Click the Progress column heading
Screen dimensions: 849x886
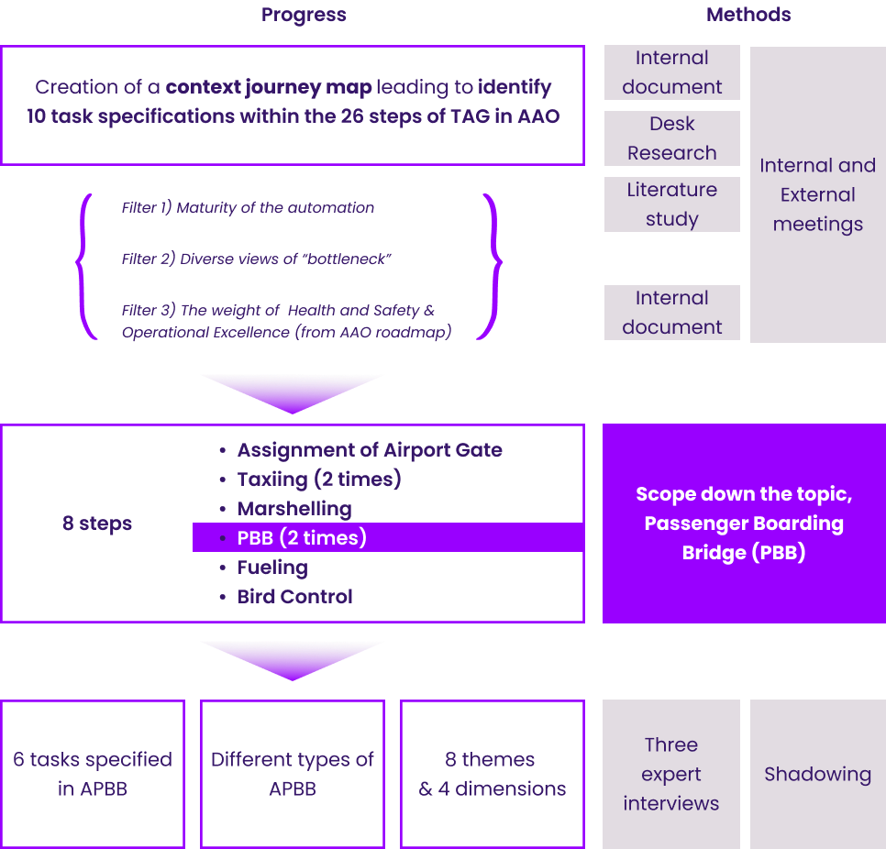[x=304, y=15]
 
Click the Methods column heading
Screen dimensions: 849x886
[x=748, y=15]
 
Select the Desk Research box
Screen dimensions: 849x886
[x=671, y=138]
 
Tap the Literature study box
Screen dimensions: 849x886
[x=671, y=204]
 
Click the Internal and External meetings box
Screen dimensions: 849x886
[x=817, y=194]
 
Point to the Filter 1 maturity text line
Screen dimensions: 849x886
[x=248, y=208]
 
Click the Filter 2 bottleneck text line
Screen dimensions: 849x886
[x=257, y=259]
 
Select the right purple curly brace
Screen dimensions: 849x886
[x=493, y=266]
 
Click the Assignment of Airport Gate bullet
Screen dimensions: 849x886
[x=369, y=450]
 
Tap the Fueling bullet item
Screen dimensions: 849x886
[x=272, y=568]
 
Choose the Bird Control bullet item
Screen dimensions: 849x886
[x=294, y=597]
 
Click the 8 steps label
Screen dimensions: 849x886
[x=97, y=524]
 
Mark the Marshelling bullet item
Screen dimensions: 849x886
[x=293, y=509]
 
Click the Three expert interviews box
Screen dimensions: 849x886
[x=671, y=774]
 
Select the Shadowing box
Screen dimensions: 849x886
[x=817, y=774]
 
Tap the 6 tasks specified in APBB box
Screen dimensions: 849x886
[x=93, y=774]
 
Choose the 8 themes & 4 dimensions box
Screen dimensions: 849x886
[x=493, y=774]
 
